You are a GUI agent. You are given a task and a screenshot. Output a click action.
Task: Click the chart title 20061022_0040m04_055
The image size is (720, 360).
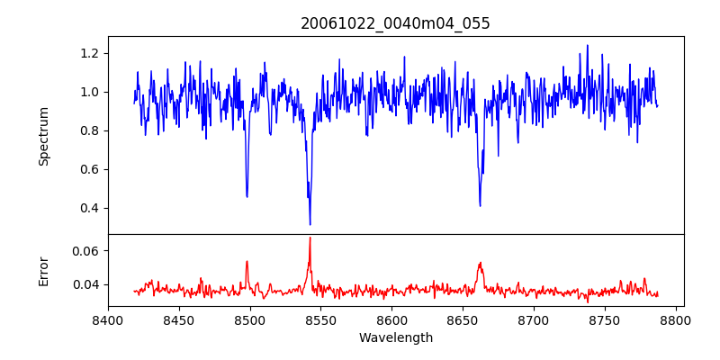point(395,23)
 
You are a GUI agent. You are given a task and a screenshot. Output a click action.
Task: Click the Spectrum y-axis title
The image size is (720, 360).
point(44,136)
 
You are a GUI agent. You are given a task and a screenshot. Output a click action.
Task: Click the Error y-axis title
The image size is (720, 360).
point(44,271)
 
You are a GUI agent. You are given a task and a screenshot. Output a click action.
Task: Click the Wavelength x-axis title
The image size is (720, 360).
point(395,338)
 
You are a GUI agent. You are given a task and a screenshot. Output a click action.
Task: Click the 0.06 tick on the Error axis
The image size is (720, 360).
point(86,250)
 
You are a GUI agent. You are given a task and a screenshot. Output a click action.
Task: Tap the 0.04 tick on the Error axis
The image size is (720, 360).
point(86,284)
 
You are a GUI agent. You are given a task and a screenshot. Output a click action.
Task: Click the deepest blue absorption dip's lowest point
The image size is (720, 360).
point(310,224)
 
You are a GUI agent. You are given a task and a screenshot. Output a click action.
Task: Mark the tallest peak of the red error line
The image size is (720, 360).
point(310,238)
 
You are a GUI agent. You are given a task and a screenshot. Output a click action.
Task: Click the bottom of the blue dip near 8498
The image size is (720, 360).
point(247,196)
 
